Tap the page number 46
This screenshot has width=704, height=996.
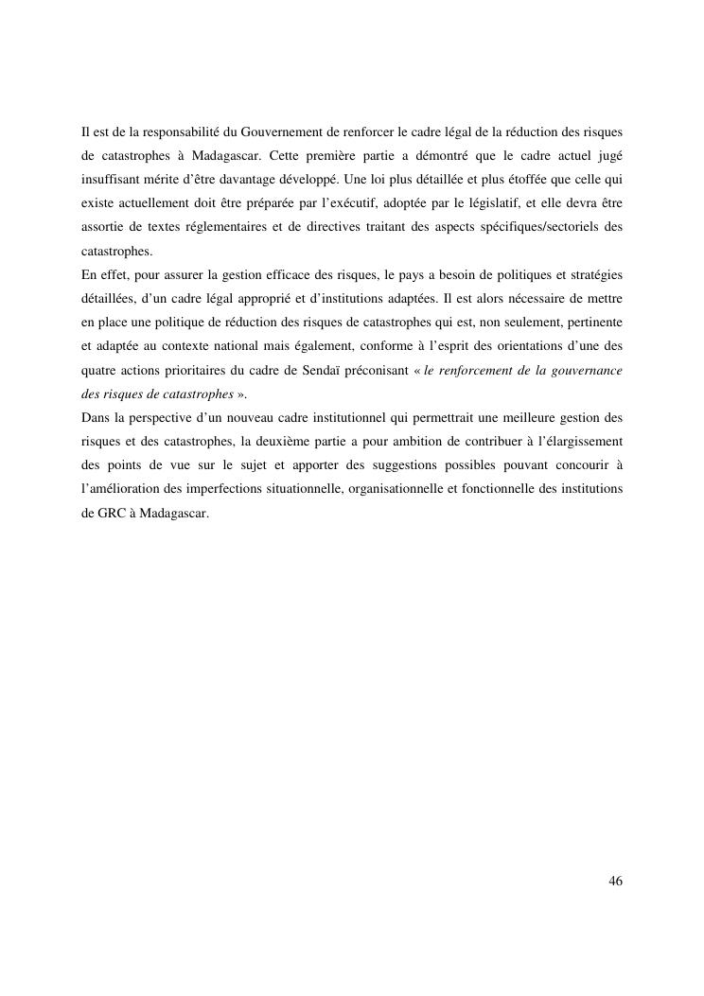tap(615, 882)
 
